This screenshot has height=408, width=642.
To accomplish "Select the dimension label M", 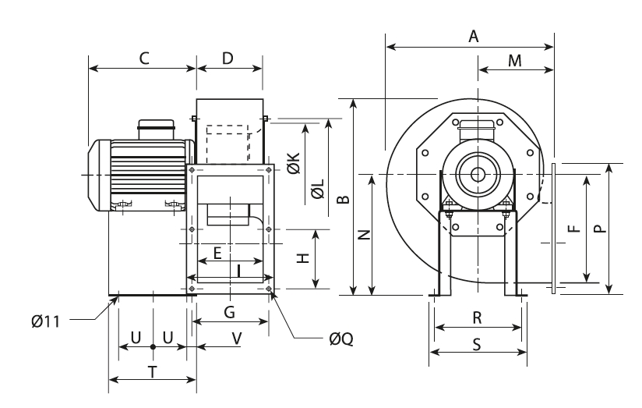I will pos(515,60).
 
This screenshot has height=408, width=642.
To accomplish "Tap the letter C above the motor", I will pos(143,58).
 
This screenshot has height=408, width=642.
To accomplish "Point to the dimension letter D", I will pos(228,58).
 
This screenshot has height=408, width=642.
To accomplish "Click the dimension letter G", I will pos(229,313).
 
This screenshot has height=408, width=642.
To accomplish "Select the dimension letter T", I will pos(152,372).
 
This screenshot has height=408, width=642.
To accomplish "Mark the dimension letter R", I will pos(478,318).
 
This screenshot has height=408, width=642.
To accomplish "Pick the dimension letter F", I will pos(573,229).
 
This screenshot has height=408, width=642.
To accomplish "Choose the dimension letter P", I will pos(598,229).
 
